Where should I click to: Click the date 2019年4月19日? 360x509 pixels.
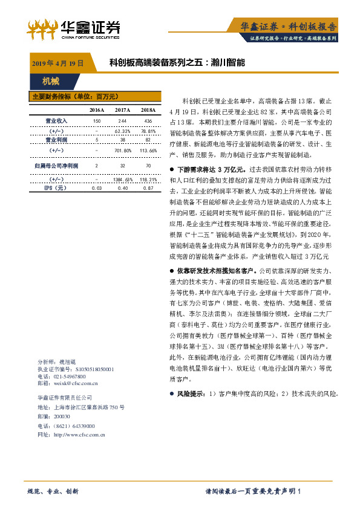pos(57,62)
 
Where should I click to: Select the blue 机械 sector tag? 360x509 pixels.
pos(51,80)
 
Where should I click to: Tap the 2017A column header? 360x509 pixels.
pos(122,109)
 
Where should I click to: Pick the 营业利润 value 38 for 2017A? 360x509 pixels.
pos(122,140)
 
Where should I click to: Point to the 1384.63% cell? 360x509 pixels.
pos(122,179)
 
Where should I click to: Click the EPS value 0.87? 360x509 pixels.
pos(147,188)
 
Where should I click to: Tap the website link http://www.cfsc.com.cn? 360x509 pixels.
pos(79,434)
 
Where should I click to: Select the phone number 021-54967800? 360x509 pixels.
pos(68,375)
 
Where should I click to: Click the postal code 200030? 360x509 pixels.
pos(62,417)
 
